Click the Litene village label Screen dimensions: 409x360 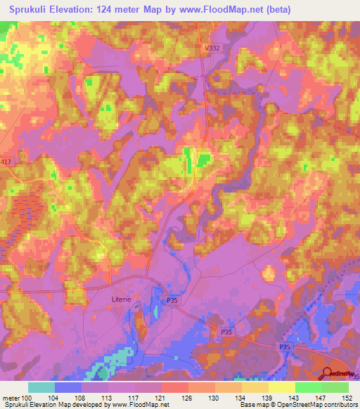coord(122,299)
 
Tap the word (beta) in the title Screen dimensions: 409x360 coord(278,9)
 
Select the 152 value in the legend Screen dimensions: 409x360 coord(348,397)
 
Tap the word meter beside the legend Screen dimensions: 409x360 coord(8,397)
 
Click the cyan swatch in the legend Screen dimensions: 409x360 coord(41,387)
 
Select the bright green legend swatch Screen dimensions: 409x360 coord(308,387)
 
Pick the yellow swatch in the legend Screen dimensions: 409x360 coord(281,387)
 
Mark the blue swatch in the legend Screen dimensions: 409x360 coord(67,387)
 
